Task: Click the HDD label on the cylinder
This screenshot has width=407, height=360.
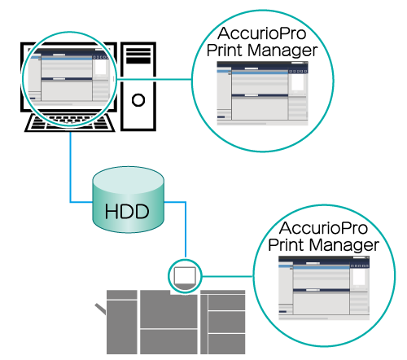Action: tap(127, 212)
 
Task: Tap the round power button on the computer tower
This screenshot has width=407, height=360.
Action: tap(138, 100)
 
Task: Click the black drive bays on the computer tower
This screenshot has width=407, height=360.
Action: tap(138, 55)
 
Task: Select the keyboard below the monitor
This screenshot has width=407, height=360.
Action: tap(70, 123)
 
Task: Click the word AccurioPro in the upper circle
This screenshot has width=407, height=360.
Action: tap(262, 33)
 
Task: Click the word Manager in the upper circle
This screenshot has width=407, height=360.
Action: tap(282, 50)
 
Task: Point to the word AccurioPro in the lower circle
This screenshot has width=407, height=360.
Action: tap(323, 228)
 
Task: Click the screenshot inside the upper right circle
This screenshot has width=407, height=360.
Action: tap(262, 94)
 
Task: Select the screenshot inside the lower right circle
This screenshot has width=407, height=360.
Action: tap(324, 288)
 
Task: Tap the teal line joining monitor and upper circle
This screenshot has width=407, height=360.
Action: tap(154, 79)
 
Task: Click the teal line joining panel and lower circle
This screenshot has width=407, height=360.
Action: tap(227, 276)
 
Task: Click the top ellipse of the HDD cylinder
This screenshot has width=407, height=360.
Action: tap(128, 180)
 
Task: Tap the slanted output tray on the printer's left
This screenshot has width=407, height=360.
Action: tap(100, 309)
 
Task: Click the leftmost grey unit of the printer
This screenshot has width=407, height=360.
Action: tap(122, 322)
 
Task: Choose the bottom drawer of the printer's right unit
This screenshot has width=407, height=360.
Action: tap(226, 344)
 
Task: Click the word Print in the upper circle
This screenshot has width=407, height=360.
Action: tap(225, 50)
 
